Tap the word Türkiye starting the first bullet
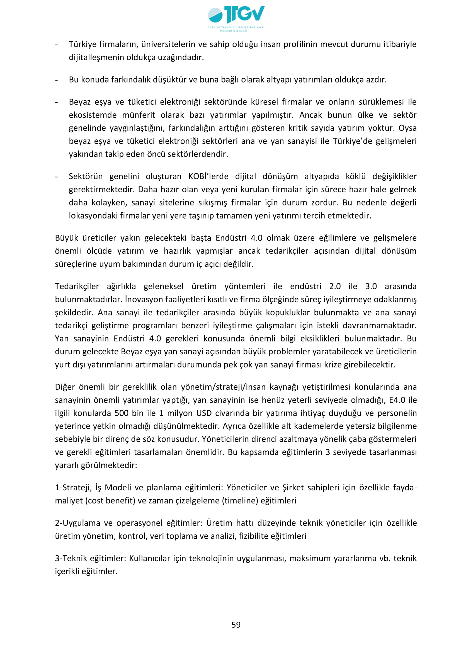click(x=82, y=44)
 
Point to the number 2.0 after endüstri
click(x=335, y=286)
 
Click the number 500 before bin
click(x=122, y=413)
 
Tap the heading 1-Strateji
click(x=73, y=488)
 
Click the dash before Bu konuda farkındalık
click(x=57, y=80)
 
